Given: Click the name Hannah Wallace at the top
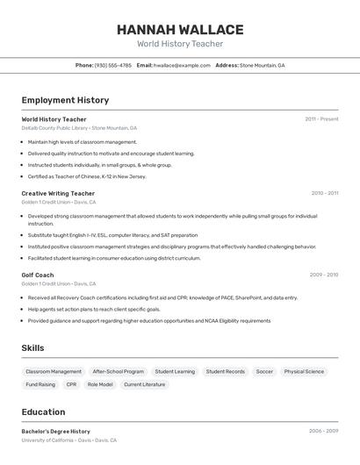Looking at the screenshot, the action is click(180, 30).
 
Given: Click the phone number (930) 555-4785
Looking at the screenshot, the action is click(112, 65).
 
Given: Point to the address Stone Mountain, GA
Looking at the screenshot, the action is click(262, 65).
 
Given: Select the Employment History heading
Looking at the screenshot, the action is click(65, 101).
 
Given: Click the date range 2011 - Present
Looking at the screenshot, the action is click(321, 119).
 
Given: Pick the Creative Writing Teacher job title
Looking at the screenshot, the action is click(58, 193).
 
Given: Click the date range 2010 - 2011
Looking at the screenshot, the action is click(324, 193).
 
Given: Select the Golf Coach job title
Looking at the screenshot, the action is click(38, 275).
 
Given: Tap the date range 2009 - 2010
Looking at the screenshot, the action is click(324, 275).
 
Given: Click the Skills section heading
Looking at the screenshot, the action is click(32, 348).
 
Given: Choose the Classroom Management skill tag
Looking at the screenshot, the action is click(54, 371).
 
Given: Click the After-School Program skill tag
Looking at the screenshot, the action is click(119, 371).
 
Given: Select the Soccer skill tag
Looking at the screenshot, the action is click(264, 371).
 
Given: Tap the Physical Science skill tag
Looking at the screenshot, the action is click(304, 371).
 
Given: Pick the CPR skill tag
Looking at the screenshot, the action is click(71, 384).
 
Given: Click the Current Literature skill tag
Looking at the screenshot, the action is click(144, 384).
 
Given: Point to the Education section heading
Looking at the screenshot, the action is click(43, 412).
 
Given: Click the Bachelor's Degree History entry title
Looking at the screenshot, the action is click(56, 432).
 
